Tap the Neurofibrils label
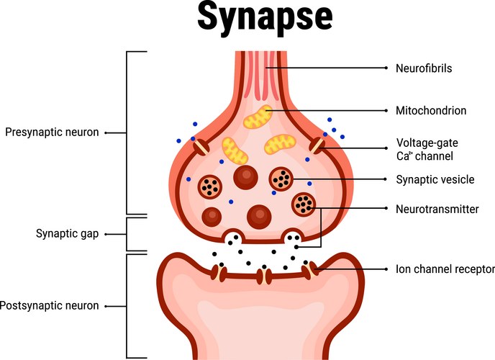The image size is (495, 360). (x=425, y=68)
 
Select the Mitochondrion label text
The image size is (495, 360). (x=432, y=111)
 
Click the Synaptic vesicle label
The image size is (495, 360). (x=435, y=179)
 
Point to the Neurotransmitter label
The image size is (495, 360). (x=437, y=209)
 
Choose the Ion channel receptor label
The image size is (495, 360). (x=445, y=269)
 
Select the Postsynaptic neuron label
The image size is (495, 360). (x=48, y=306)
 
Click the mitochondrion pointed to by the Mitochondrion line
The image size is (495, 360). (x=257, y=117)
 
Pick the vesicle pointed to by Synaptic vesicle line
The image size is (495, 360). (x=281, y=178)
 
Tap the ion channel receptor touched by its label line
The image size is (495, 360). (x=310, y=270)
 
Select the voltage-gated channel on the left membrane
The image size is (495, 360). (x=202, y=147)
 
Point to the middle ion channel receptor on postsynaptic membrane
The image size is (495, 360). (x=263, y=274)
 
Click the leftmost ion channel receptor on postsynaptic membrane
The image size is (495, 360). (x=217, y=272)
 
